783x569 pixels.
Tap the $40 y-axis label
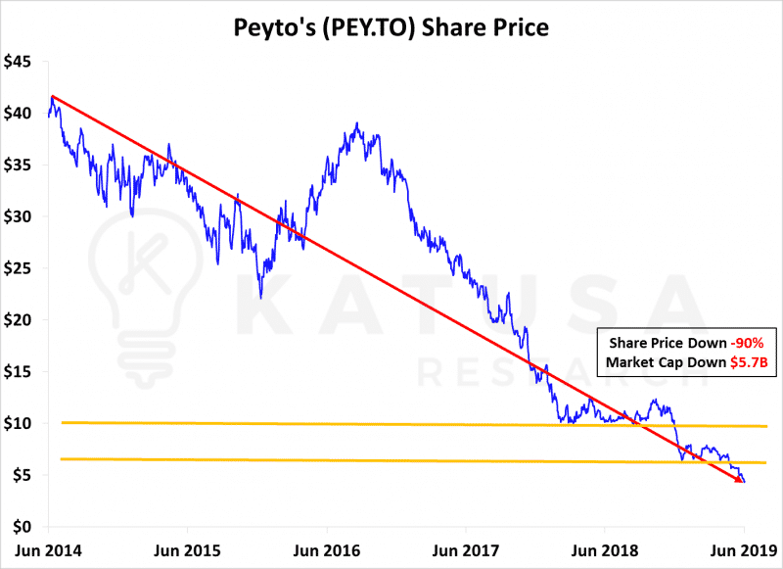point(19,114)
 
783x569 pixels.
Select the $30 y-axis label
point(19,216)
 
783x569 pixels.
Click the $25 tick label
point(19,268)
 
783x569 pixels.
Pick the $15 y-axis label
point(19,372)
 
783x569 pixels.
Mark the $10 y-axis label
point(19,424)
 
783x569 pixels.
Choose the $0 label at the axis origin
point(24,527)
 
